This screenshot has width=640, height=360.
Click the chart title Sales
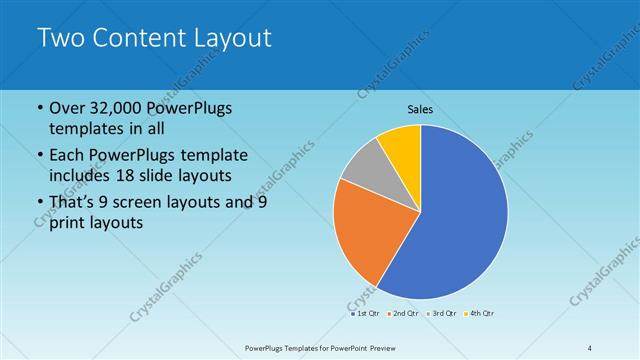[x=420, y=109]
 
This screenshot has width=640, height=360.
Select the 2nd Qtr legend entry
[x=403, y=313]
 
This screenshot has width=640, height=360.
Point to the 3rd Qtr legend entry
[x=441, y=313]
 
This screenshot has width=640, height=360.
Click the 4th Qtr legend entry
[x=479, y=313]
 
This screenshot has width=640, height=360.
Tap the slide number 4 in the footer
[x=590, y=347]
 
